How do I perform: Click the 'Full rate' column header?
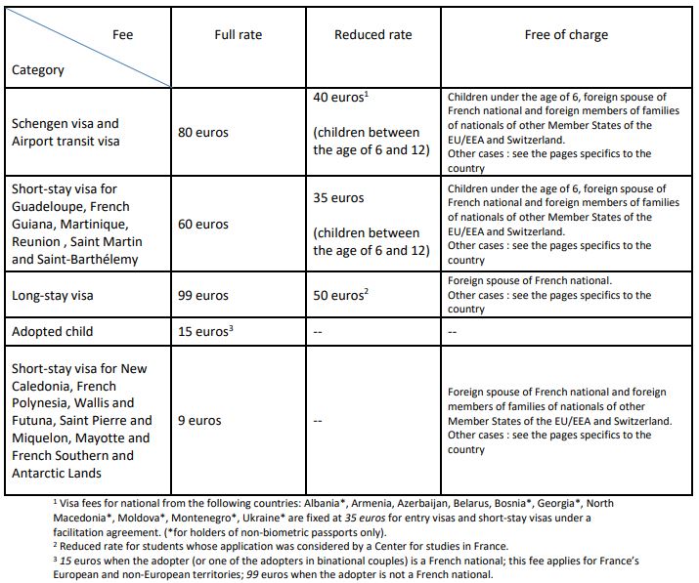click(x=239, y=34)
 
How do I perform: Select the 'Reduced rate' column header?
click(x=372, y=34)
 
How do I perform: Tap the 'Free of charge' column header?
click(x=566, y=34)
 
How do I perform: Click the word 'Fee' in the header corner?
click(x=123, y=34)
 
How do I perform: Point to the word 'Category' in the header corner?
click(x=38, y=69)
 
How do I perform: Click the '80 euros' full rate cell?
click(x=203, y=132)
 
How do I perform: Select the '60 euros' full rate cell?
click(x=203, y=224)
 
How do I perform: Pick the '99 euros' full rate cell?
click(x=203, y=295)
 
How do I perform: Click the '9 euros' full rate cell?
click(x=199, y=421)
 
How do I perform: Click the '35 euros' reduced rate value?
click(x=338, y=197)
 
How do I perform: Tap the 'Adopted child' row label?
click(x=53, y=331)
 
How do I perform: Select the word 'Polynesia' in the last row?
click(x=45, y=402)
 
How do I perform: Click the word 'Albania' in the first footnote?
click(x=328, y=503)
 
